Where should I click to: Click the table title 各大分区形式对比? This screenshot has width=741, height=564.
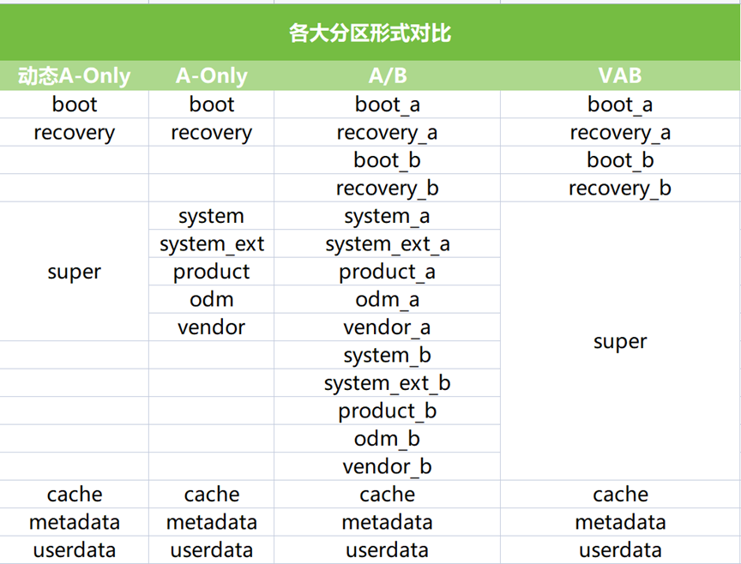coord(370,33)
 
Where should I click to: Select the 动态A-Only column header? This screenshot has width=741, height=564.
coord(75,75)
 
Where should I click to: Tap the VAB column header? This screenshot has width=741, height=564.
coord(620,75)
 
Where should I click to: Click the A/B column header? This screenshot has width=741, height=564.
coord(388,75)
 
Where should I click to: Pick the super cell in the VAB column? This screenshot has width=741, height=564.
coord(620,341)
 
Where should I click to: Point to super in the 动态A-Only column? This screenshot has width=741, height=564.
coord(75,272)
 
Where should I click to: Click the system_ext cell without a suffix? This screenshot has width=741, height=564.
coord(212,244)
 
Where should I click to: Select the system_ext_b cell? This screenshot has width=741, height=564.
coord(388,383)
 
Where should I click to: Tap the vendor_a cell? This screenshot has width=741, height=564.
coord(387,327)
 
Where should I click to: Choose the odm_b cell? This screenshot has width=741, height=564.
coord(387,439)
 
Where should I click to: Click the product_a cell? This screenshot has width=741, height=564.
coord(387,272)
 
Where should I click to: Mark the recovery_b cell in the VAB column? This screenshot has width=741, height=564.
coord(620,189)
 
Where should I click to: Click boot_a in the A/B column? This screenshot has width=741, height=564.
coord(388,105)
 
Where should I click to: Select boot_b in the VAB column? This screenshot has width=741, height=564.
coord(620,160)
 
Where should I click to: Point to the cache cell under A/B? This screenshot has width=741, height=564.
coord(387,495)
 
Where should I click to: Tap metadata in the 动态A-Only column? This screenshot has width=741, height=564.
coord(75,523)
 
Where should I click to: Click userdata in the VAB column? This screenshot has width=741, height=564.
coord(620,550)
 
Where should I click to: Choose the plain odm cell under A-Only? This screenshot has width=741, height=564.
coord(212,299)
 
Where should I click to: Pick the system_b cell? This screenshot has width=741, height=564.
coord(387,355)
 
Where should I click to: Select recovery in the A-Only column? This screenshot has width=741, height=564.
coord(212,133)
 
